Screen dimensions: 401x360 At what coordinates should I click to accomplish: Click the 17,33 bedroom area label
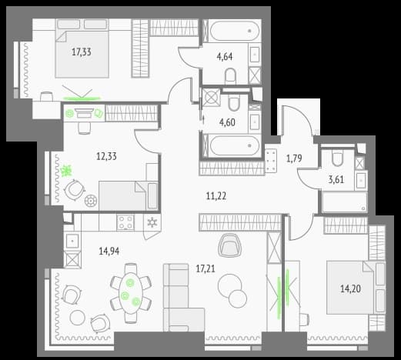82,52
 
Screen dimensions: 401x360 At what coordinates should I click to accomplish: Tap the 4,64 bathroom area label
225,57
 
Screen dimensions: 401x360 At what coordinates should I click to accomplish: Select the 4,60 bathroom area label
227,122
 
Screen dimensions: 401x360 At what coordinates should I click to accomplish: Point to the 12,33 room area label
106,156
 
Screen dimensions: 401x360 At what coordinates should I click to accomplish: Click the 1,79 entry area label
294,158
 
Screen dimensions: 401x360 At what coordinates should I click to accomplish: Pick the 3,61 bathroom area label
336,179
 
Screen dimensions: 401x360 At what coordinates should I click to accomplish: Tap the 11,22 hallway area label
216,196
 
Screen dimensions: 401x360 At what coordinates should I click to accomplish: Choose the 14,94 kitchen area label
109,251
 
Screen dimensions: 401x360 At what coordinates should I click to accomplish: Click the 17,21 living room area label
206,268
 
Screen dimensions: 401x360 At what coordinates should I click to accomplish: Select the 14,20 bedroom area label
350,289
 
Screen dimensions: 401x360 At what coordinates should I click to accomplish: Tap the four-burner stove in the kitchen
125,222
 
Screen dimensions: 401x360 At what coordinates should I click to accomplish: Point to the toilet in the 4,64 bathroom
230,76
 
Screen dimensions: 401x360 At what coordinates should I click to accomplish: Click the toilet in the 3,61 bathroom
337,159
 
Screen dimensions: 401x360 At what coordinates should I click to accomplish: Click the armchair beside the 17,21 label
230,245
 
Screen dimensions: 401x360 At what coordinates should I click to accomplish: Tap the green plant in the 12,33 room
67,171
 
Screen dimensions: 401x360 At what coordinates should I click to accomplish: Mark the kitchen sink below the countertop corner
72,242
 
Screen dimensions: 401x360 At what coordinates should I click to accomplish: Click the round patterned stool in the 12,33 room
91,200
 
